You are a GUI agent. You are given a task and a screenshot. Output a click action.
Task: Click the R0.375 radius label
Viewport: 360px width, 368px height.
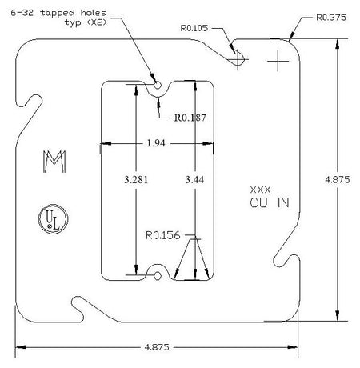pyautogui.click(x=331, y=18)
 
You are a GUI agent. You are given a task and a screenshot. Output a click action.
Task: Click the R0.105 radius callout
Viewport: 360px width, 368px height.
pyautogui.click(x=194, y=28)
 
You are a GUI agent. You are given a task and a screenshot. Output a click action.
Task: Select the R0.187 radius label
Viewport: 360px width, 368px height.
pyautogui.click(x=190, y=118)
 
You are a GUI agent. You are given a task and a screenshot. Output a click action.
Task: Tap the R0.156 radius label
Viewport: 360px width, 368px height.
pyautogui.click(x=163, y=235)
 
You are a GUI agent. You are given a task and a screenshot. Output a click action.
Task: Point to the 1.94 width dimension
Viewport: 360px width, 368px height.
pyautogui.click(x=156, y=143)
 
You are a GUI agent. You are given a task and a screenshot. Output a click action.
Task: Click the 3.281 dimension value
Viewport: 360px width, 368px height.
pyautogui.click(x=136, y=179)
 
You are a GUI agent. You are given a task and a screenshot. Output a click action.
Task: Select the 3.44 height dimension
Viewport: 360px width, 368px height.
pyautogui.click(x=194, y=179)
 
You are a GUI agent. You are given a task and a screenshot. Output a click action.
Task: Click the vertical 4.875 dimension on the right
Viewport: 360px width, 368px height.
pyautogui.click(x=338, y=179)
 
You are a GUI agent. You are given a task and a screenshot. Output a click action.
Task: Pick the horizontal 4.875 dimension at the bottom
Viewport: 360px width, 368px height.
pyautogui.click(x=157, y=347)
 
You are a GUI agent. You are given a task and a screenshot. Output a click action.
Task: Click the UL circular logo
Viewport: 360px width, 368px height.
pyautogui.click(x=54, y=219)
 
